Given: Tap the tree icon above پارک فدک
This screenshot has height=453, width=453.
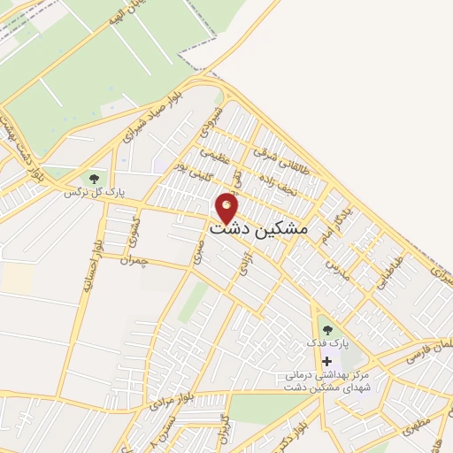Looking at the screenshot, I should click(x=327, y=331).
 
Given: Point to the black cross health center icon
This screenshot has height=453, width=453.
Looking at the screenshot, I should click(x=327, y=362).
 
